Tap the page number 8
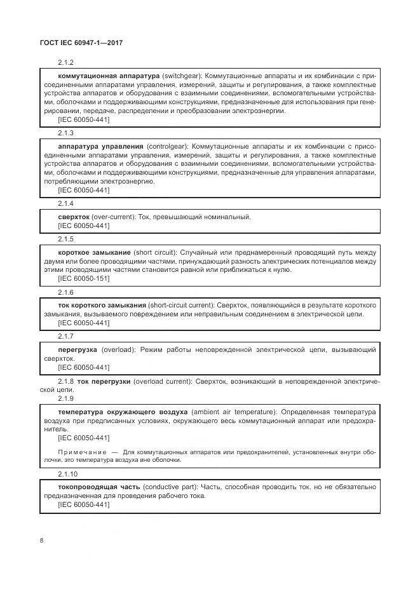42,540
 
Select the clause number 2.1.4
65,204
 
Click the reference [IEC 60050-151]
83,278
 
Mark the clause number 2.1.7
65,336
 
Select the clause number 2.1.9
65,398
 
